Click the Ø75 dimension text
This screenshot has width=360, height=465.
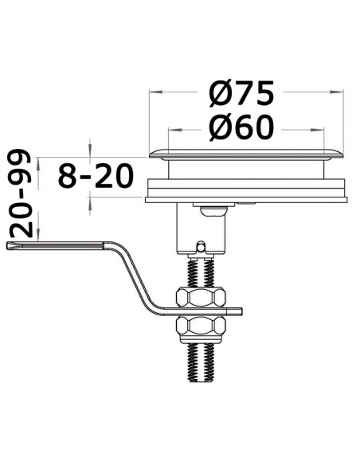242,93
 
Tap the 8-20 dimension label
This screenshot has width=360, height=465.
98,175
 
